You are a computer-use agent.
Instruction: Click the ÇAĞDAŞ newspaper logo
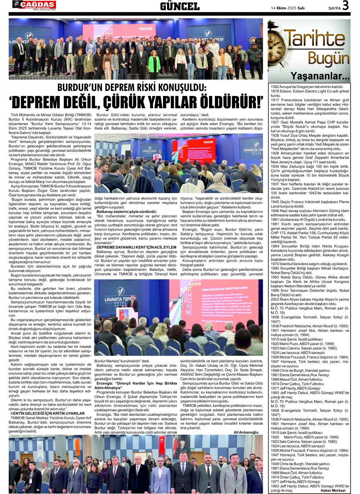pos(34,5)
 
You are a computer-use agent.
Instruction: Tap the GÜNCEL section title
pos(179,6)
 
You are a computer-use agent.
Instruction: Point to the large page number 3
pos(345,6)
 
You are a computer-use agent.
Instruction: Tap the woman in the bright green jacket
pos(154,65)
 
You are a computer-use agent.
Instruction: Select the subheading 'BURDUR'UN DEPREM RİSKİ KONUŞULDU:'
pos(131,87)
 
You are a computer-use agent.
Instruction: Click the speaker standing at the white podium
pos(132,303)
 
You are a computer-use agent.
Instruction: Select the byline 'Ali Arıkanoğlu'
pos(246,432)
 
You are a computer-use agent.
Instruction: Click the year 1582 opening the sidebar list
pos(275,87)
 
